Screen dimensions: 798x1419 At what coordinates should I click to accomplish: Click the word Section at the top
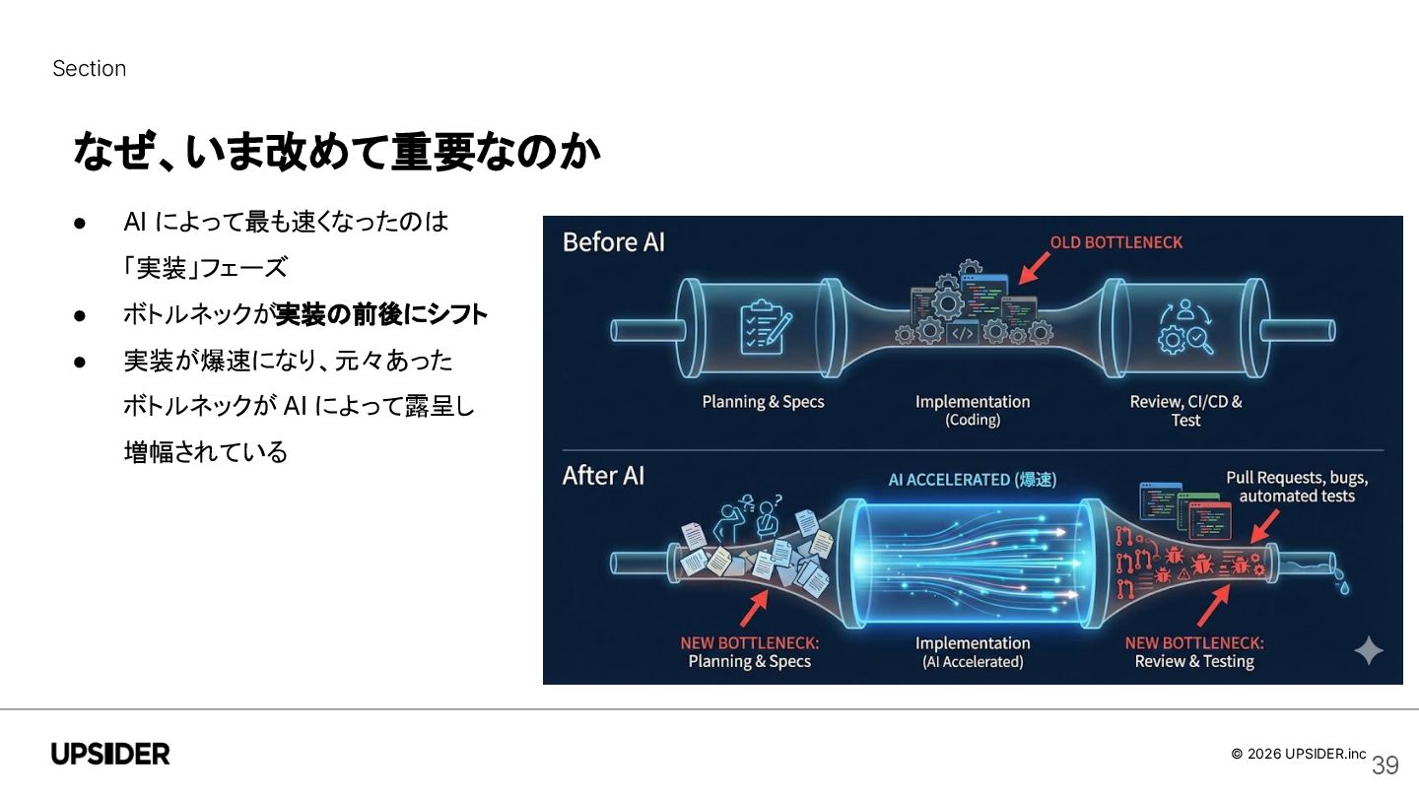click(89, 69)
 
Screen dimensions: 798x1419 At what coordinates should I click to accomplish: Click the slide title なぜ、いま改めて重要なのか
click(336, 153)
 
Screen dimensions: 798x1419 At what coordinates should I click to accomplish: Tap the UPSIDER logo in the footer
click(110, 755)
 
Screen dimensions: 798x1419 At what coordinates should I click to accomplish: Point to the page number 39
click(1385, 765)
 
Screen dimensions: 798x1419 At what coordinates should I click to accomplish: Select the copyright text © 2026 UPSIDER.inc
click(1298, 754)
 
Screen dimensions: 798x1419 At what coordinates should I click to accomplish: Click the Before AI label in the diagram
click(613, 242)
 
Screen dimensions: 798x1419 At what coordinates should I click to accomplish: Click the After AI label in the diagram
click(603, 476)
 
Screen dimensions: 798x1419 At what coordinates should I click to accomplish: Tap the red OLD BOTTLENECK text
click(1115, 242)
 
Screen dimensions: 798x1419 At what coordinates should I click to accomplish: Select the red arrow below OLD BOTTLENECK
click(1034, 267)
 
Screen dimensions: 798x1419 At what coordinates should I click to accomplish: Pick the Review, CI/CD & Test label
click(1185, 411)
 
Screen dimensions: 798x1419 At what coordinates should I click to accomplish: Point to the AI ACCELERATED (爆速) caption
click(972, 480)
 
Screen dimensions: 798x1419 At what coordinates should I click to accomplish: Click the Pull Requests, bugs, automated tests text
click(1297, 487)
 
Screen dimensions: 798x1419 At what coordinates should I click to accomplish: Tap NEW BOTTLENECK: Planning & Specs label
click(749, 652)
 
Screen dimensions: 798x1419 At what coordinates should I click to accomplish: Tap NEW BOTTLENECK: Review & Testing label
click(1194, 652)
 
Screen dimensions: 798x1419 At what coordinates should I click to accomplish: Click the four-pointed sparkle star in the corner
click(1368, 651)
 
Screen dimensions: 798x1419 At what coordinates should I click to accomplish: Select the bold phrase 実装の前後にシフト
click(380, 315)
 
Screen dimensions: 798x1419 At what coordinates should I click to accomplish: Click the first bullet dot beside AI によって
click(81, 223)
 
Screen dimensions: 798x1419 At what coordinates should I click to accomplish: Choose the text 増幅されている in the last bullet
click(206, 452)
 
